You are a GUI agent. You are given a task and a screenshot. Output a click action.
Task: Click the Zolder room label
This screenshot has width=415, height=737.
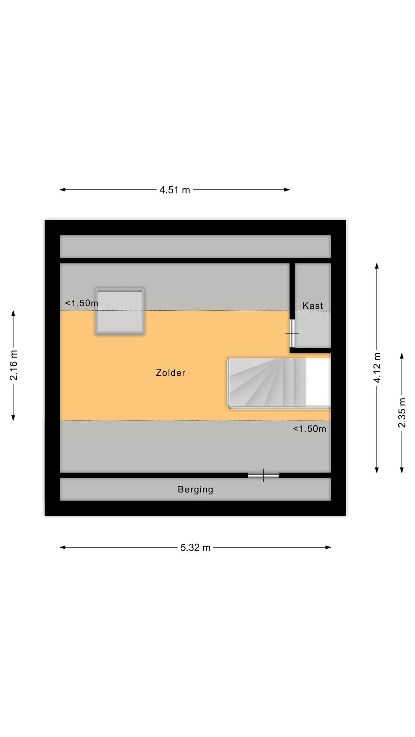[x=170, y=373]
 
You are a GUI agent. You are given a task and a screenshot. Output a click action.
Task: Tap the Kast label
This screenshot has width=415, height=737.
[x=313, y=306]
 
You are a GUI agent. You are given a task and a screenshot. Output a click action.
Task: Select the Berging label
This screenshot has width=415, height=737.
[x=196, y=489]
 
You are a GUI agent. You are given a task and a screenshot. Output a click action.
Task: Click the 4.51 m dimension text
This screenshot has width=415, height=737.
[x=175, y=190]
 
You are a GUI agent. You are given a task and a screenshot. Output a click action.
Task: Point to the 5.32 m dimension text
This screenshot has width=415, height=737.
[x=196, y=547]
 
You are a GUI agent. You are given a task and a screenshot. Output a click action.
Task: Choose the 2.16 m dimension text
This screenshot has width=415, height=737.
[x=14, y=365]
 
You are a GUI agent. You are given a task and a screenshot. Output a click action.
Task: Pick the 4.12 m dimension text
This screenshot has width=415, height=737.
[x=377, y=368]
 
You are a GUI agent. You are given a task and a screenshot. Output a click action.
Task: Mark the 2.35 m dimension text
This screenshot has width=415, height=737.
[x=402, y=412]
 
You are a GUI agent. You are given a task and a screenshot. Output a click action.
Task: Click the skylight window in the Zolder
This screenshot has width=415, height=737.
[x=120, y=311]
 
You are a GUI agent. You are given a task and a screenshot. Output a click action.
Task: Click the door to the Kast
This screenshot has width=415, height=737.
[x=292, y=333]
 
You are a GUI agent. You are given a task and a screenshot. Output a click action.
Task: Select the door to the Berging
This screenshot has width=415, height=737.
[x=263, y=475]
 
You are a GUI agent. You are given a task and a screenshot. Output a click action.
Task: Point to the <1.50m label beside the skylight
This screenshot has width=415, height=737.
[x=81, y=303]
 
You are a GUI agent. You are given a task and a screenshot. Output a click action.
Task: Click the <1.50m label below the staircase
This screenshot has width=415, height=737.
[x=309, y=429]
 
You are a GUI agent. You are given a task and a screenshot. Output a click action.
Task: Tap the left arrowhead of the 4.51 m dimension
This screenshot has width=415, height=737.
[x=62, y=190]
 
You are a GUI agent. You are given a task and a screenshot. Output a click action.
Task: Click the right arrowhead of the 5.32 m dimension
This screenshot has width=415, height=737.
[x=328, y=547]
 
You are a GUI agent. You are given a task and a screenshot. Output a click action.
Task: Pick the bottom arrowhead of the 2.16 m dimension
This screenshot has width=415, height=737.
[x=14, y=417]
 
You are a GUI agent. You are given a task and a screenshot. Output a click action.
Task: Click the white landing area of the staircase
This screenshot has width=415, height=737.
[x=318, y=382]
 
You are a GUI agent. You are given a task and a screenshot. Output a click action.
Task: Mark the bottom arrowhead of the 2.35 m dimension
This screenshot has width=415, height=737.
[x=402, y=470]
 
